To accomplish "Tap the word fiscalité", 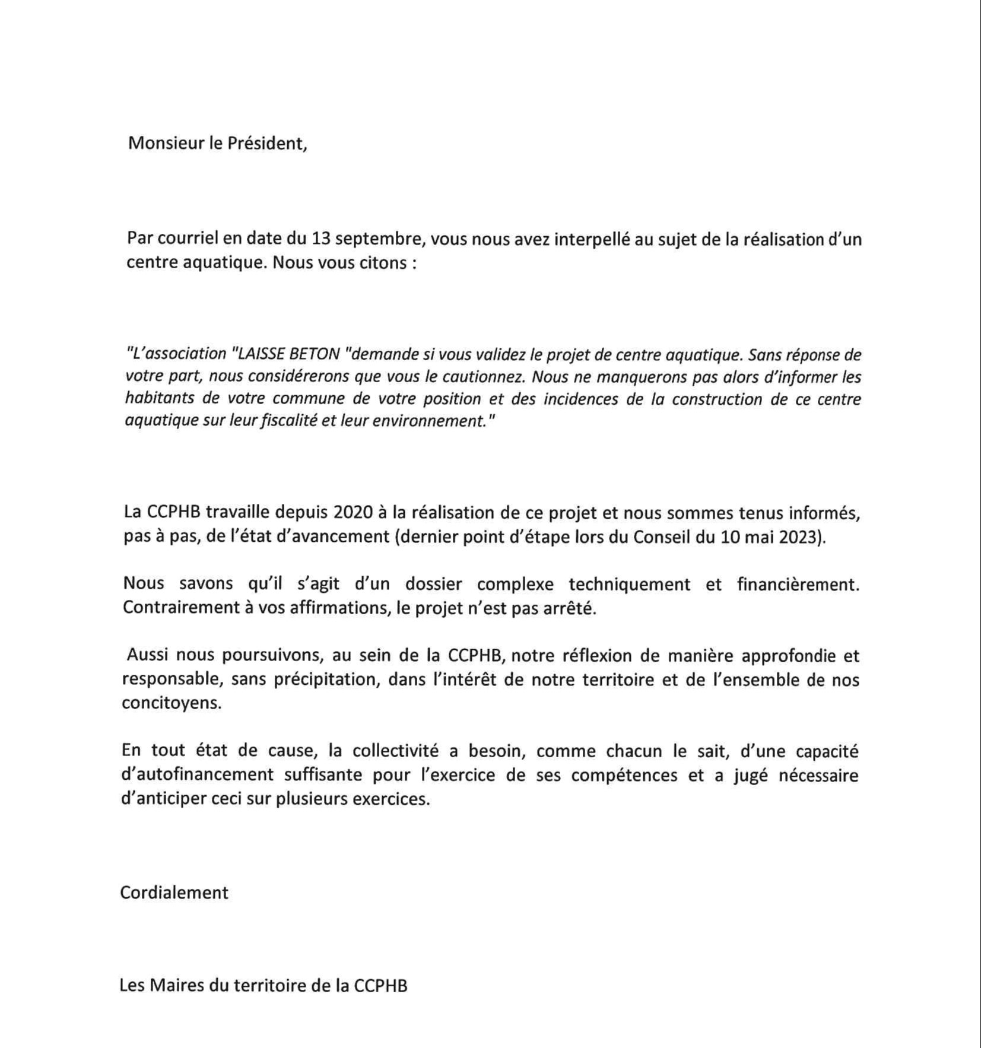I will coord(290,421).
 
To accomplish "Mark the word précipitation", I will coord(326,680).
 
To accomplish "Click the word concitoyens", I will coord(171,704).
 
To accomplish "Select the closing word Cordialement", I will coord(174,893).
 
